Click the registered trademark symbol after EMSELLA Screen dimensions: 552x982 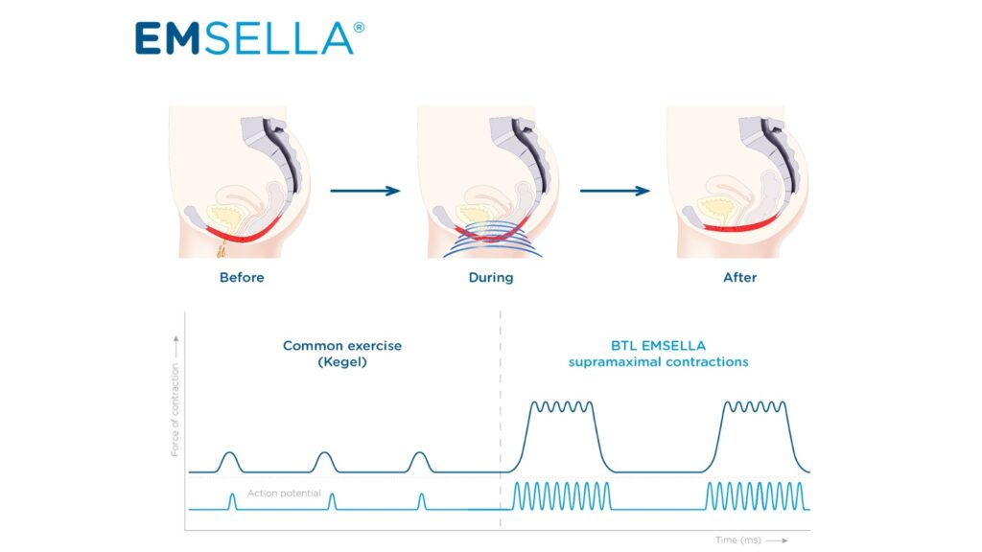pos(359,27)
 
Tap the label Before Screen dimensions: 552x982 pos(242,278)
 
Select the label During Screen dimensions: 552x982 pos(490,278)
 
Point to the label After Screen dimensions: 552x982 pos(739,278)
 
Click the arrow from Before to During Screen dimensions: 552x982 pos(364,191)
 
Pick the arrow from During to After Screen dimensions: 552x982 pos(615,191)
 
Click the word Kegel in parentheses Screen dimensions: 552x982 pos(342,362)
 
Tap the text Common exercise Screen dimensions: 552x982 pos(342,345)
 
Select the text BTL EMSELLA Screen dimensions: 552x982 pos(658,345)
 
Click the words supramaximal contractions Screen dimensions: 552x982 pos(658,362)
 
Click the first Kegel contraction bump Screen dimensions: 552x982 pos(228,461)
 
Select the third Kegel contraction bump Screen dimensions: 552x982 pos(418,461)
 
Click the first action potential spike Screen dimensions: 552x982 pos(232,501)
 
